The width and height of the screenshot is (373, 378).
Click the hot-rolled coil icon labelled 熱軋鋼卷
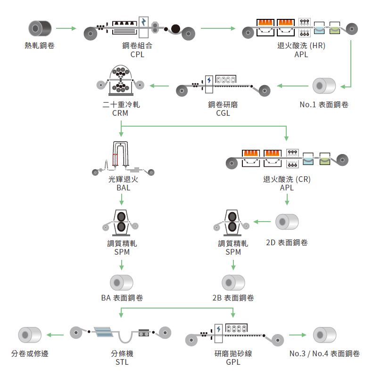pyautogui.click(x=40, y=28)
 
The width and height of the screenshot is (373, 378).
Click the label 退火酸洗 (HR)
pyautogui.click(x=301, y=46)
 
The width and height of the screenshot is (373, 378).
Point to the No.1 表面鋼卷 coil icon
pyautogui.click(x=324, y=86)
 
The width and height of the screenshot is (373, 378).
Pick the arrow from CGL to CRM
pyautogui.click(x=159, y=86)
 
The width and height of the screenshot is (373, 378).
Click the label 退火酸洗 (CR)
pyautogui.click(x=287, y=179)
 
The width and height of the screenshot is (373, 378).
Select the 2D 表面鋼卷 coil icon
pyautogui.click(x=287, y=221)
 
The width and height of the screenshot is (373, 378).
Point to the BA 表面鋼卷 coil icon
pyautogui.click(x=122, y=283)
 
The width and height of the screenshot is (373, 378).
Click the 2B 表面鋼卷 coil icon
pyautogui.click(x=233, y=283)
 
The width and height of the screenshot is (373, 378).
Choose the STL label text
pyautogui.click(x=122, y=362)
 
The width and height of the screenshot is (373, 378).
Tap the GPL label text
pyautogui.click(x=233, y=362)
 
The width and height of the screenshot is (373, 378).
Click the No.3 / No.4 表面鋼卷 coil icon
pyautogui.click(x=324, y=334)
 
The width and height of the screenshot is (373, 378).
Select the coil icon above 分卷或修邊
pyautogui.click(x=30, y=335)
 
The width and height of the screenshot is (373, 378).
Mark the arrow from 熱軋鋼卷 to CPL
pyautogui.click(x=66, y=29)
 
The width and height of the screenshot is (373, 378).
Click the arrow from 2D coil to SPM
pyautogui.click(x=262, y=221)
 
